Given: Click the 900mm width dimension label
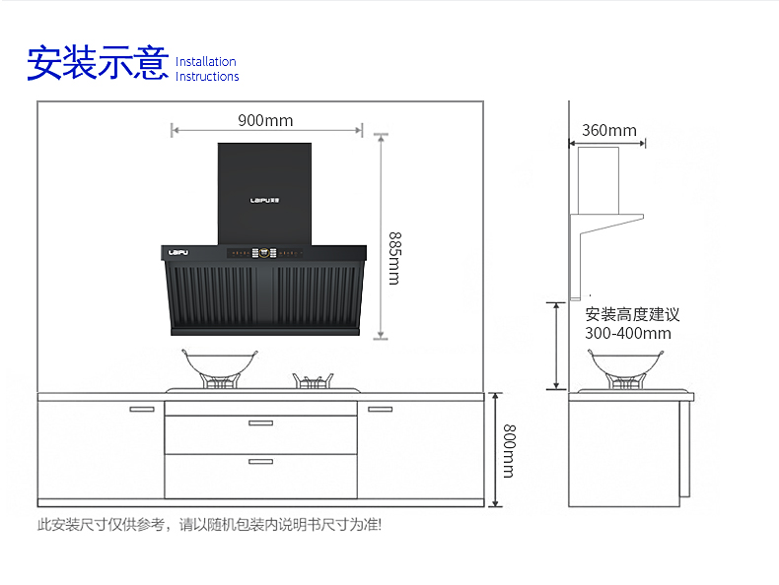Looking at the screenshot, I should point(265,121).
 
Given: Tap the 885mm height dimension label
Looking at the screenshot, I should point(393,258).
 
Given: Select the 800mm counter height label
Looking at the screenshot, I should point(509,450).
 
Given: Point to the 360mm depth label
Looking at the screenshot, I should point(608,130).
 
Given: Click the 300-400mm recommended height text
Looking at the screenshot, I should point(627,333).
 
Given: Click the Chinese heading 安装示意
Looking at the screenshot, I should point(98,64).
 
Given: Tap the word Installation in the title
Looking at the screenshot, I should point(206,61).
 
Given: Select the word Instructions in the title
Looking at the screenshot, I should point(207,77).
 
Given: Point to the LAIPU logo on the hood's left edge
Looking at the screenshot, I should point(178,253).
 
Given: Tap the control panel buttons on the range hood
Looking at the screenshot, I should point(263,252).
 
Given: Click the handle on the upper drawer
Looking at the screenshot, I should point(260,423).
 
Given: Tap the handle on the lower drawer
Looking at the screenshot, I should point(260,461).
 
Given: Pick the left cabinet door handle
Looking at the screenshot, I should point(142,409).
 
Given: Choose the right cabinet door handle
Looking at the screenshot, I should point(380,409).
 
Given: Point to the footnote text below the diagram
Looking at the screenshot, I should point(209,525).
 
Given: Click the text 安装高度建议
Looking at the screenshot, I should point(632,315).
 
